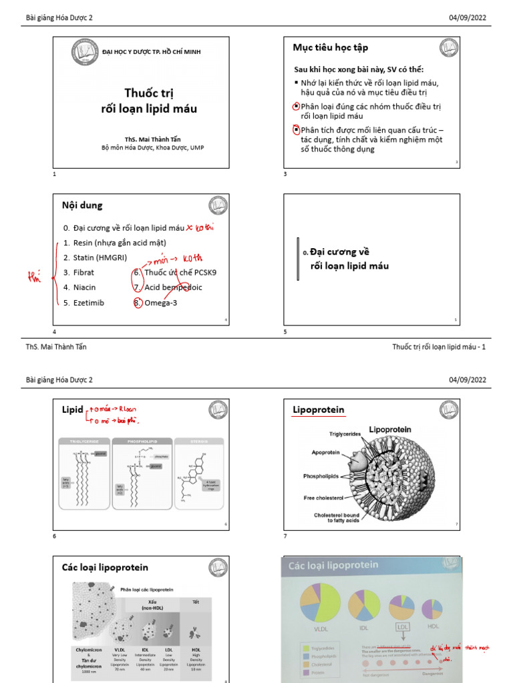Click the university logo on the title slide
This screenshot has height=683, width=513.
click(85, 52)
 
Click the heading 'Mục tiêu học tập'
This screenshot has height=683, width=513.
click(330, 47)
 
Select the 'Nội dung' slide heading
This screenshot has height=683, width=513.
click(82, 205)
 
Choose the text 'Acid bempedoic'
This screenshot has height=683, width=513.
click(173, 287)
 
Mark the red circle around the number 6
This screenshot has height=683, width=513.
click(136, 272)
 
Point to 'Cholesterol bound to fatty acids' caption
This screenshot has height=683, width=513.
click(337, 518)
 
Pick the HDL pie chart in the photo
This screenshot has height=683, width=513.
click(432, 608)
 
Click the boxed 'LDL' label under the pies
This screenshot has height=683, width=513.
click(402, 627)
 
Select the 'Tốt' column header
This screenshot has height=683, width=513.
click(196, 602)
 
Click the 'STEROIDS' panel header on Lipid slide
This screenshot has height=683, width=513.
click(192, 441)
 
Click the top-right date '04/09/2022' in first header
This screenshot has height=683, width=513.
click(468, 17)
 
